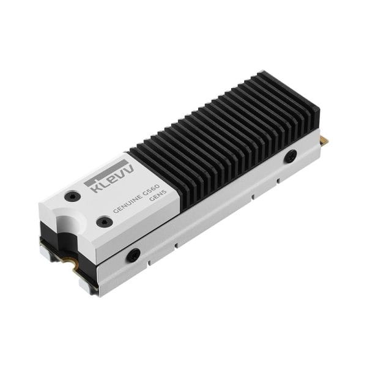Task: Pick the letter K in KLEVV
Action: point(95,187)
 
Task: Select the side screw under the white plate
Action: point(133,254)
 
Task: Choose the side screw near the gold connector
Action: point(291,156)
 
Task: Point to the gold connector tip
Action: point(324,141)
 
